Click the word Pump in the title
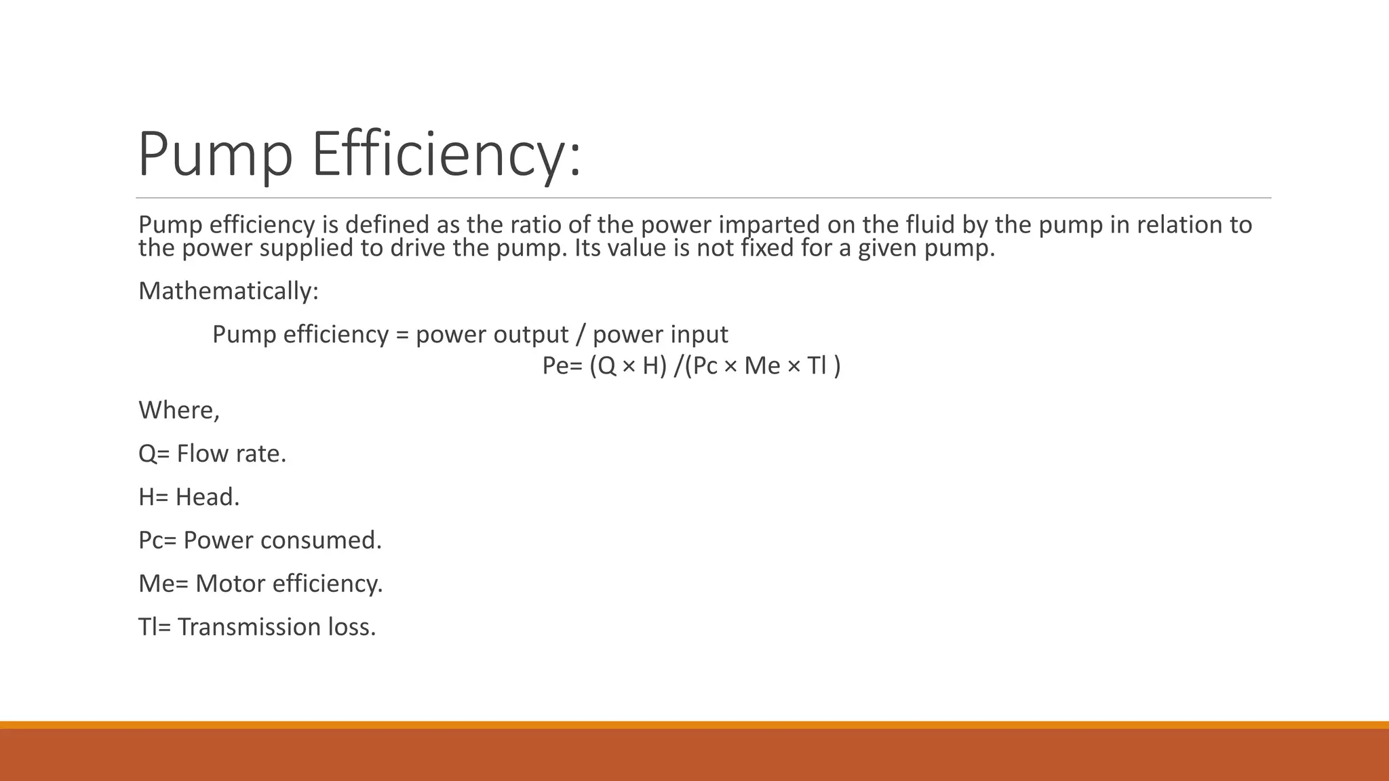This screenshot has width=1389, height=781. coord(215,155)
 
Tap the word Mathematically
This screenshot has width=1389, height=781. coord(228,291)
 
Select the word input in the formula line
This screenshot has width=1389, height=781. coord(699,334)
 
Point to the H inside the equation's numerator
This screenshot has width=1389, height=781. coord(650,366)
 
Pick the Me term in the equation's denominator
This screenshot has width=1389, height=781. coord(762,366)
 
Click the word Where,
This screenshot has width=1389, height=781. coord(179,410)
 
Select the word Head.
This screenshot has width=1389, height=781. coord(208,497)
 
